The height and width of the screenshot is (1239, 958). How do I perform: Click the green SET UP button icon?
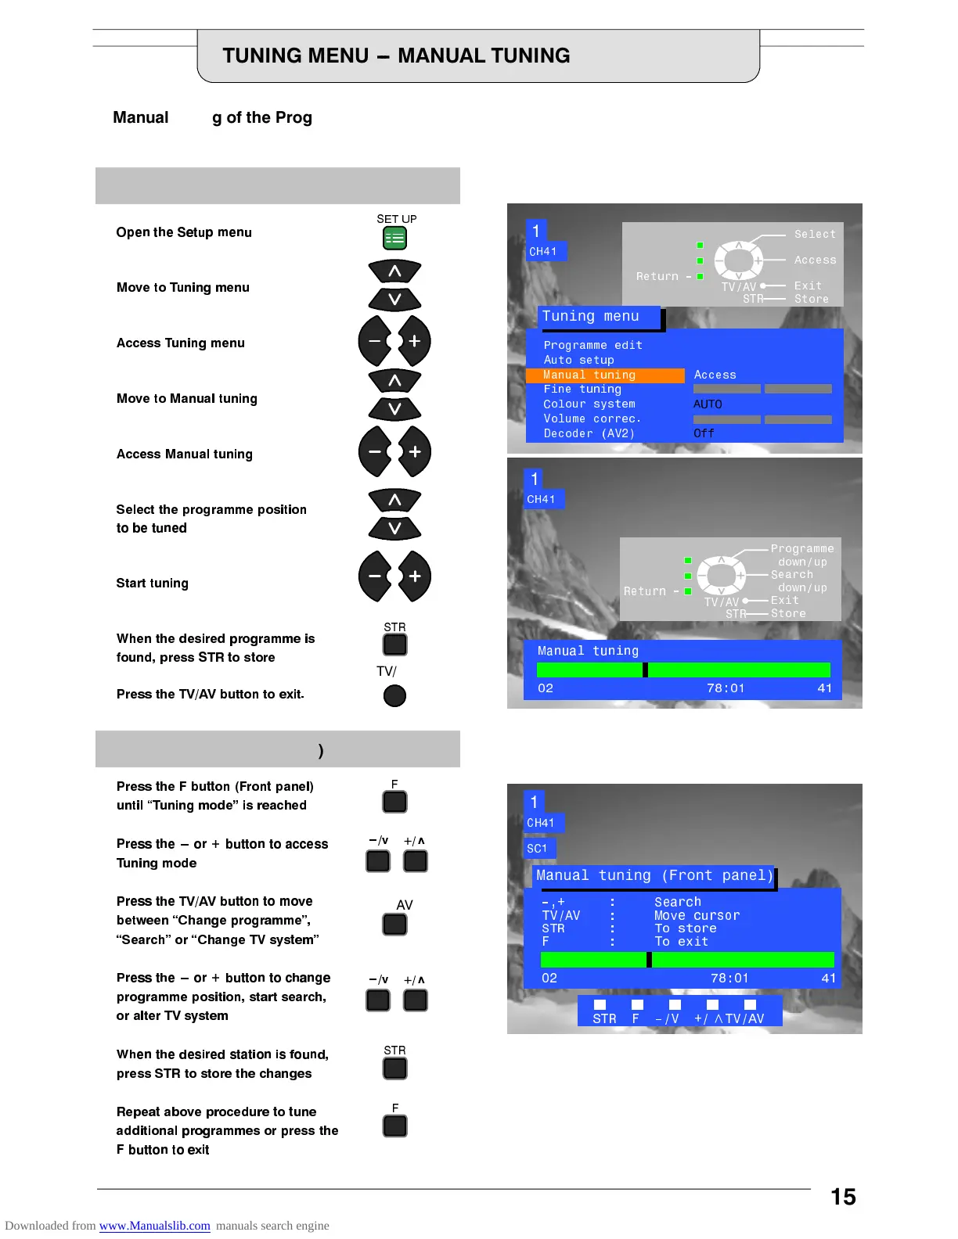click(394, 238)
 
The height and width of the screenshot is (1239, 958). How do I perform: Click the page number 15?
click(843, 1197)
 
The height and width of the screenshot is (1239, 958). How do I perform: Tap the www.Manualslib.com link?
click(154, 1226)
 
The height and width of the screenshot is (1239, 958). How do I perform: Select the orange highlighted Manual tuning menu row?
click(604, 375)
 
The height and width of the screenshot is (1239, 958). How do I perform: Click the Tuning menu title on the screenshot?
click(591, 317)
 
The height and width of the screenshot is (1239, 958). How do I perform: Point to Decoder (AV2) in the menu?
click(589, 433)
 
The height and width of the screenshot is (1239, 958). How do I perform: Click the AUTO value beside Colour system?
click(708, 404)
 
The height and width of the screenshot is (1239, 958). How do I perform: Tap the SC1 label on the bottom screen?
click(538, 849)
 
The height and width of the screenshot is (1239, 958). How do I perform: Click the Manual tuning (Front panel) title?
click(654, 876)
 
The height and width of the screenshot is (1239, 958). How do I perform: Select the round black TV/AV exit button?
click(394, 695)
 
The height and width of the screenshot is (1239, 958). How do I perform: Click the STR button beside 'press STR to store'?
click(394, 645)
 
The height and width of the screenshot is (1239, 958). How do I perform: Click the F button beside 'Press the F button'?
click(394, 802)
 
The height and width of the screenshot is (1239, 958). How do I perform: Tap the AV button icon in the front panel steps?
click(394, 925)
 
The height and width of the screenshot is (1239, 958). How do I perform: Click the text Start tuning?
click(153, 584)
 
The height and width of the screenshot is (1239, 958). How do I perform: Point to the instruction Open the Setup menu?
click(184, 232)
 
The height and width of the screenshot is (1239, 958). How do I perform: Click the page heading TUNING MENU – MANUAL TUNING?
click(396, 56)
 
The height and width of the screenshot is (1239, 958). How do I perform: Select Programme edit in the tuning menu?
click(592, 346)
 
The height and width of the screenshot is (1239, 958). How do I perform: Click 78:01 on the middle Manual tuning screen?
click(726, 688)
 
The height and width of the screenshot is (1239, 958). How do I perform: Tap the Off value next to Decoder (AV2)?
click(704, 433)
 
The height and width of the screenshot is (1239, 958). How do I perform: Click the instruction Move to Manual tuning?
click(187, 399)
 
